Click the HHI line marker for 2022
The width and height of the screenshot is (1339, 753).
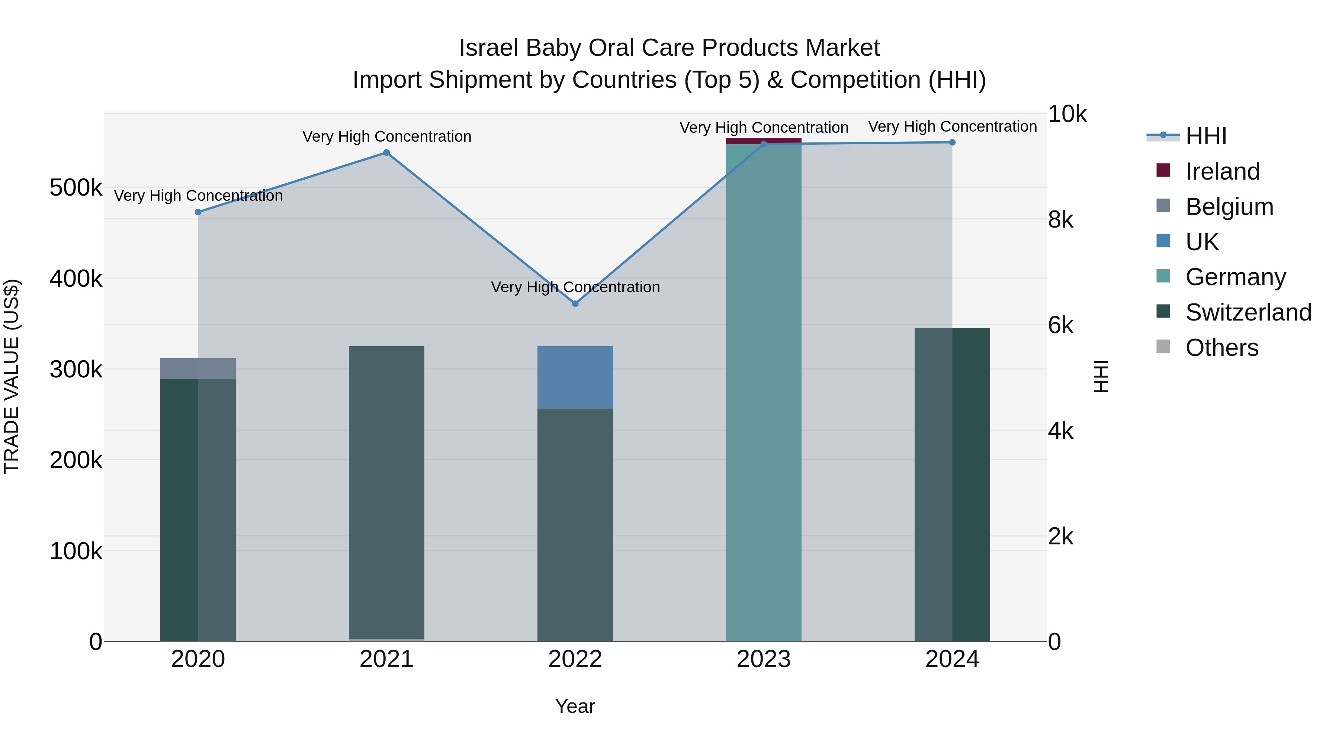click(x=575, y=303)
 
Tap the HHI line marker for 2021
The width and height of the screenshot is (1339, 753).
click(x=386, y=153)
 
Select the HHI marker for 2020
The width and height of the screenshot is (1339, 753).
click(x=198, y=212)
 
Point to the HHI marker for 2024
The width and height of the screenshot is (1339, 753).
click(x=952, y=142)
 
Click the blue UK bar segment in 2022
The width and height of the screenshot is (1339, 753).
click(x=575, y=377)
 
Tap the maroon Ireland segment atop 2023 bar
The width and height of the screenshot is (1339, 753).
click(x=763, y=141)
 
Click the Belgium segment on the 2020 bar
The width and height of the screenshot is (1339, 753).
click(x=198, y=369)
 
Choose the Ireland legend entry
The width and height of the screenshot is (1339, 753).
click(x=1222, y=171)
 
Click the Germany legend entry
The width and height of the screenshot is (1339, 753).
click(x=1235, y=277)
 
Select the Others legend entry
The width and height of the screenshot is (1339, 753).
click(x=1221, y=348)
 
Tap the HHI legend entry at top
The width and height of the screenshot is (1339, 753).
click(x=1205, y=136)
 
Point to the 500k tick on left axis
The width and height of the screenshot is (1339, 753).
click(x=76, y=188)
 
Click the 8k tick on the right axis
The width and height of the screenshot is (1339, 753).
click(x=1060, y=220)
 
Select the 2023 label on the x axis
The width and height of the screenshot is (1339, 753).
click(x=763, y=659)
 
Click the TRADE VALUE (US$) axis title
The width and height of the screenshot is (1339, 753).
click(x=12, y=376)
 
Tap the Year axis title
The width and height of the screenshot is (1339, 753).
click(x=575, y=706)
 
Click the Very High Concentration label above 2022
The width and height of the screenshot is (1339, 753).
click(x=575, y=287)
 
